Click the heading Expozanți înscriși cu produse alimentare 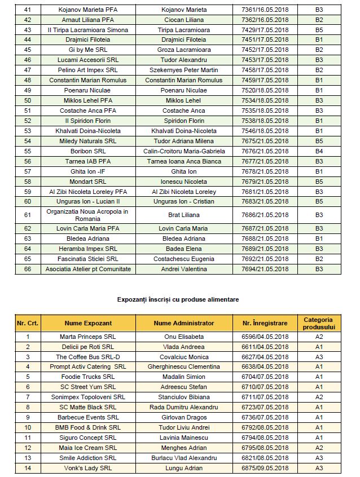[x=178, y=299]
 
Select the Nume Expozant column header [x=88, y=323]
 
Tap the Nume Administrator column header [x=183, y=323]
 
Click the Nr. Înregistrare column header [x=265, y=323]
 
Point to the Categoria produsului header [x=319, y=323]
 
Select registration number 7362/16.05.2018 [x=265, y=20]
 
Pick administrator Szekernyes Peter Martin [x=183, y=70]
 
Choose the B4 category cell [x=319, y=151]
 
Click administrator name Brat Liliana [x=183, y=215]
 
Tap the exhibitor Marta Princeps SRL [x=88, y=337]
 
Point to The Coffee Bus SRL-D [x=88, y=357]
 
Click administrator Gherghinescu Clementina [x=183, y=367]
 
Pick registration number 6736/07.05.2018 [x=265, y=417]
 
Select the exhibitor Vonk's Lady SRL [x=88, y=468]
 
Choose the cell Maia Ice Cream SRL [x=88, y=448]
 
